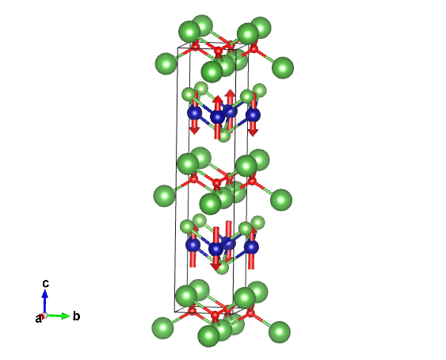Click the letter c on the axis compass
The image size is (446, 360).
[x=45, y=284]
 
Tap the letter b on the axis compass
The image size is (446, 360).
[x=76, y=316]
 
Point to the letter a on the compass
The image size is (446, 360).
[x=38, y=319]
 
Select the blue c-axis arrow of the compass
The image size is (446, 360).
[x=44, y=301]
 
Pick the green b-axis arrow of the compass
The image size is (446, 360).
[x=58, y=316]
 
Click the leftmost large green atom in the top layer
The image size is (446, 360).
[x=166, y=63]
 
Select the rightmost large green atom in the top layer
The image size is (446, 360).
[x=283, y=67]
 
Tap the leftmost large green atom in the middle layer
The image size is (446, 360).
[x=165, y=196]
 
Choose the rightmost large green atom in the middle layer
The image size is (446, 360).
[x=281, y=200]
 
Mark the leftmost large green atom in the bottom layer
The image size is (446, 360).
[x=162, y=327]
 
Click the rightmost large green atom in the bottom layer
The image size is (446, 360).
[x=280, y=332]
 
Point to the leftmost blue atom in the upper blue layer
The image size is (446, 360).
[x=195, y=113]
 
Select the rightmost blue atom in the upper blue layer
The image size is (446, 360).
[x=253, y=115]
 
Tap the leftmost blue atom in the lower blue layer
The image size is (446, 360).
[x=193, y=245]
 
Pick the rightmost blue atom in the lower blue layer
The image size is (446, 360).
[x=251, y=247]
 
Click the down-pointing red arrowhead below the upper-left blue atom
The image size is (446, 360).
[x=195, y=131]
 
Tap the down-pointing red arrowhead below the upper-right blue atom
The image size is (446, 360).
[x=253, y=132]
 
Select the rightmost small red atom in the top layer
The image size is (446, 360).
[x=253, y=49]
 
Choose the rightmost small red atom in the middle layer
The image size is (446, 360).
[x=252, y=181]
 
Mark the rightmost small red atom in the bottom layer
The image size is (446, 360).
[x=250, y=313]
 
